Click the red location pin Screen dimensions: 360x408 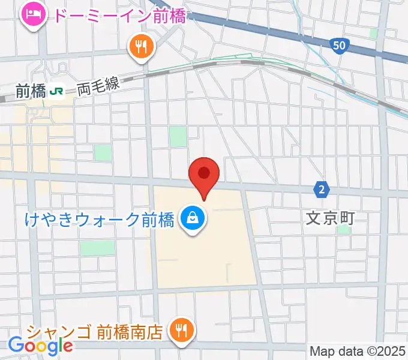click(204, 175)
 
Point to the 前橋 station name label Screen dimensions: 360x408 click(31, 91)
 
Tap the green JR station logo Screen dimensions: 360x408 click(57, 91)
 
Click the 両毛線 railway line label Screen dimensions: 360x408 click(98, 88)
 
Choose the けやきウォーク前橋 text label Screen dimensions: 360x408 click(100, 219)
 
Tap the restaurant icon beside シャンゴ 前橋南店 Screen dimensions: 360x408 click(180, 329)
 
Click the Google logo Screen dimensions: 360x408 click(40, 345)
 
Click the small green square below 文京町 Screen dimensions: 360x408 click(343, 230)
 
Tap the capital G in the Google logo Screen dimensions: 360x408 click(17, 344)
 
